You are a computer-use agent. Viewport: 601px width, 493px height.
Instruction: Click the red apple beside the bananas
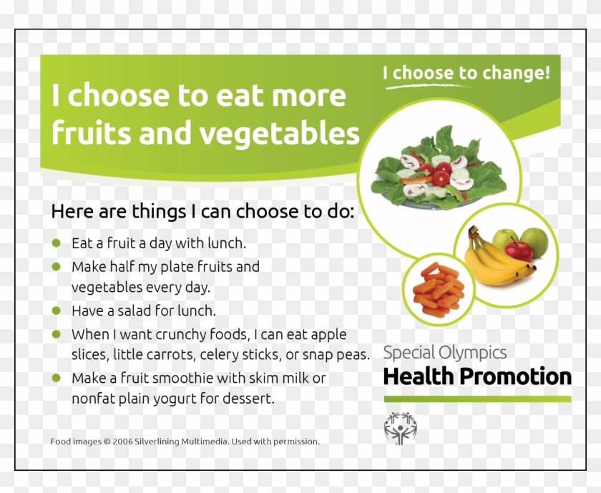tap(519, 250)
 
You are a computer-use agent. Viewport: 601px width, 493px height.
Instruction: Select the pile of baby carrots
tap(439, 290)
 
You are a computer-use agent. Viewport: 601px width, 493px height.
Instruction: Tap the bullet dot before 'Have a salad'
tap(57, 311)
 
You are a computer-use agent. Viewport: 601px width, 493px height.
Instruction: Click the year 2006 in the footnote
tap(122, 441)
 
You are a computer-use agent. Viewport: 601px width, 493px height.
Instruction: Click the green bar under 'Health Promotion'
tap(477, 398)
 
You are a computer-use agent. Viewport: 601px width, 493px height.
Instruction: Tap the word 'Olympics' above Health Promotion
tap(474, 352)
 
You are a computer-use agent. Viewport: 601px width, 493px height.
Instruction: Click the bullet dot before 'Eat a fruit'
tap(57, 243)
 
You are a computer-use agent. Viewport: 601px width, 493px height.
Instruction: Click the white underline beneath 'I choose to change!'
tap(429, 86)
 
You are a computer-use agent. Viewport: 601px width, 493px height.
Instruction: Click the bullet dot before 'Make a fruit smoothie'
tap(57, 377)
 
